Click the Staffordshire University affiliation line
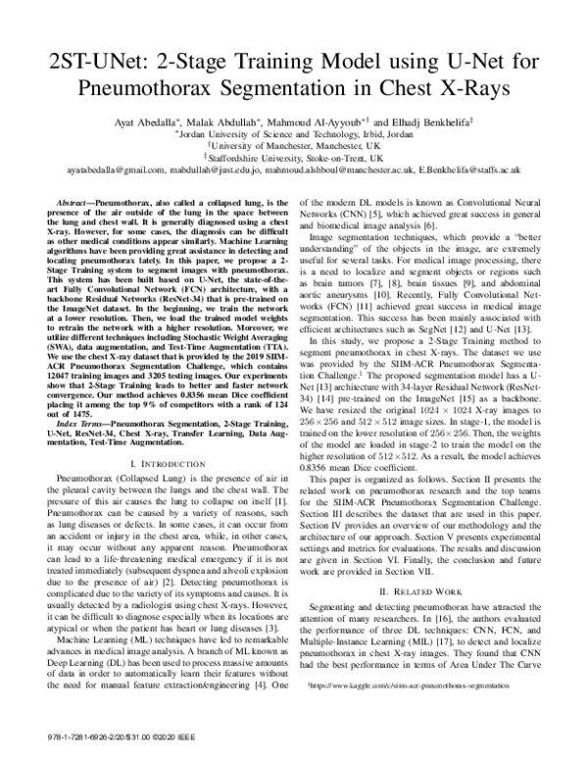pyautogui.click(x=294, y=156)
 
